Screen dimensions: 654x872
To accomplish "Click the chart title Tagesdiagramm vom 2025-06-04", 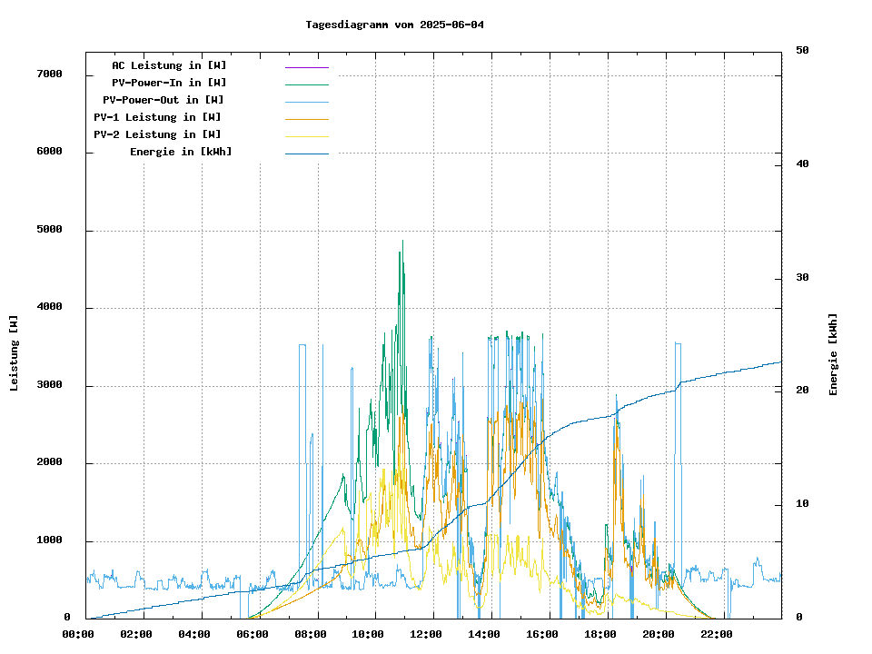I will point(395,25).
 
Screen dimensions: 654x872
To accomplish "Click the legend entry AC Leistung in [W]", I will point(169,65).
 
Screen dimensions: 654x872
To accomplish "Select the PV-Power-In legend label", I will point(169,83).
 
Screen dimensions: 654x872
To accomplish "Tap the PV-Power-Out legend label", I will point(163,100).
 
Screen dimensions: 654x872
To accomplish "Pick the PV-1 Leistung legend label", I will point(157,117).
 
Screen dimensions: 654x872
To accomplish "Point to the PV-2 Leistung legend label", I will point(157,134).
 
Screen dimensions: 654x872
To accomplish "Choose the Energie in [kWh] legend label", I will point(181,152).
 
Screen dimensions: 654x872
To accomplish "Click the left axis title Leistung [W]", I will point(15,353).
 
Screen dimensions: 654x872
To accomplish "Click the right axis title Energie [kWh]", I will point(834,354).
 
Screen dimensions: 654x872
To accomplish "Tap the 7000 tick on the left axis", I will point(49,74).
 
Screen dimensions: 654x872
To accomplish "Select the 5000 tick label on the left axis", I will point(49,230).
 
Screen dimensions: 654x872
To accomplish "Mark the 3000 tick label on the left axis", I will point(49,385).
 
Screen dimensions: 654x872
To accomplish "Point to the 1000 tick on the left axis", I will point(49,540).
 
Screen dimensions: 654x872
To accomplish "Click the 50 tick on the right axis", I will point(802,50).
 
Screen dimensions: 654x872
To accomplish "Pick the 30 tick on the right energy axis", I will point(802,277).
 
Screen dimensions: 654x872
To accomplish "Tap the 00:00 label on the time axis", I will point(78,634).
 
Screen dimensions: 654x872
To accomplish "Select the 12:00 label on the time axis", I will point(426,634).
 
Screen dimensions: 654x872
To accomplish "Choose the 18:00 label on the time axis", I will point(600,634).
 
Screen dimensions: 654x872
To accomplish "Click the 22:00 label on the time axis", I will point(717,634).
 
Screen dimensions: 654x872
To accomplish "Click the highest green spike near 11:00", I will point(400,253).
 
